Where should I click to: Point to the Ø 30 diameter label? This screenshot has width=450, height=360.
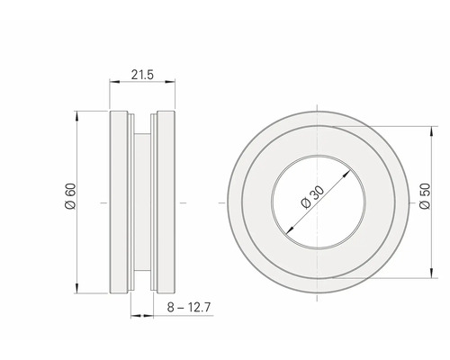tap(310, 199)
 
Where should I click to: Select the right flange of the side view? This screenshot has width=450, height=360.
tap(166, 202)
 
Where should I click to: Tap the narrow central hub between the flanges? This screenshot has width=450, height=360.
tap(143, 202)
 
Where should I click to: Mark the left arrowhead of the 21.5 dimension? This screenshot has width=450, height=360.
tap(112, 84)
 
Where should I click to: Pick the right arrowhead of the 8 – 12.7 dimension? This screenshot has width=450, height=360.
tap(154, 314)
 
